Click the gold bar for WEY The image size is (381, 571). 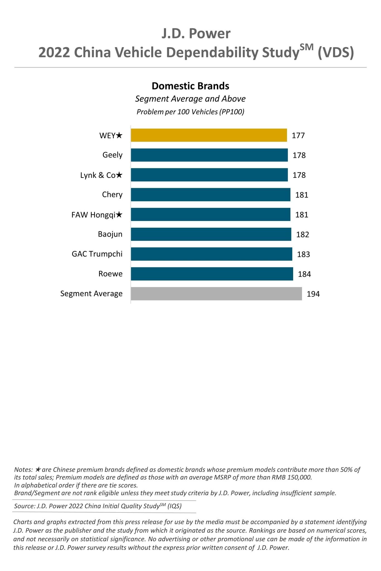pos(209,135)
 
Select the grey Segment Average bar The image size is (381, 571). pos(216,293)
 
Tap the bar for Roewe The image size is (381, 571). pos(212,274)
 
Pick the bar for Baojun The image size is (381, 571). pos(211,234)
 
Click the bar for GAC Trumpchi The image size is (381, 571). pos(211,254)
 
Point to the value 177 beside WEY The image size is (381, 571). pos(298,135)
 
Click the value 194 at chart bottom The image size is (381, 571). pos(313,294)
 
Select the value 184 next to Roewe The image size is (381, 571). pos(304,274)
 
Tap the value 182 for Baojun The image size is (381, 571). pos(303,235)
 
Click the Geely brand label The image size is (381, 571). pos(112,155)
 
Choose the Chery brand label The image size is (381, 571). pos(112,195)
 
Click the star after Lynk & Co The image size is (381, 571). pos(119,175)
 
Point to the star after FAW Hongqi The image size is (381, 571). pos(119,215)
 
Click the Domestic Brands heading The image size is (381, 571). pos(190,86)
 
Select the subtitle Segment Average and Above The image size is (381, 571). pos(190,99)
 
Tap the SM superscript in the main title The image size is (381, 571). pos(306,47)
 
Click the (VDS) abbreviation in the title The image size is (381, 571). pos(336,53)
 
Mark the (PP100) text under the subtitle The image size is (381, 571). pos(232,112)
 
